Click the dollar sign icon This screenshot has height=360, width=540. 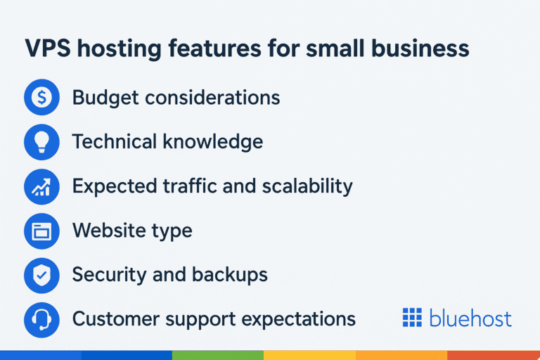41,98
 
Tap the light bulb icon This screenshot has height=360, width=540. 41,142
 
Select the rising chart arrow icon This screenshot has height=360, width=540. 41,186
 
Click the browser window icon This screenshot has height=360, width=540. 41,231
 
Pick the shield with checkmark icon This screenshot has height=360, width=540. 41,275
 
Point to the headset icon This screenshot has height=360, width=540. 41,319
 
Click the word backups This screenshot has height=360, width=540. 231,274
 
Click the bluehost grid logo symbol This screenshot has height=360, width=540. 411,318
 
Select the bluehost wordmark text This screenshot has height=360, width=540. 469,318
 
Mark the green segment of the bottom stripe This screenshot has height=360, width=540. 217,355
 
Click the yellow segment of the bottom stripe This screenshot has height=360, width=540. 309,355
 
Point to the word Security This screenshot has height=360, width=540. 108,274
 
